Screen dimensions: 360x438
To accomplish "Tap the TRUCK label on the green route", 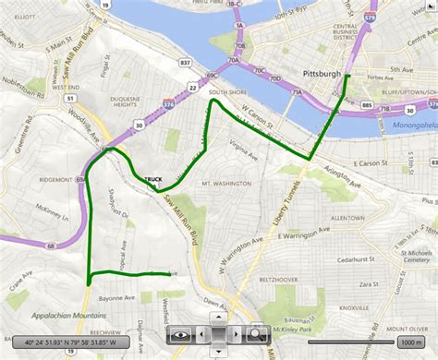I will coord(153,179).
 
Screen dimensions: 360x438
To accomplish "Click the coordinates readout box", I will coord(80,342).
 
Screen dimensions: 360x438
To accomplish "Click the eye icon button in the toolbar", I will coord(180,333).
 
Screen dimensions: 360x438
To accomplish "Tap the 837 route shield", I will coord(186,63).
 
